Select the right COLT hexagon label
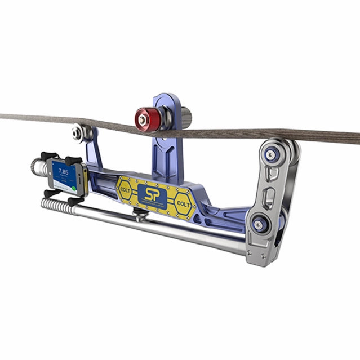coord(183,202)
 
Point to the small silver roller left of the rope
coord(78,133)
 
